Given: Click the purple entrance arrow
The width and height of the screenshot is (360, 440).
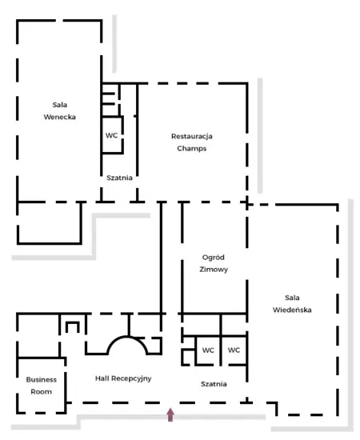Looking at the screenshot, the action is (x=170, y=414).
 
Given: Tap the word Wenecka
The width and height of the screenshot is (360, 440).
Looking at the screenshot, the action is (x=59, y=117).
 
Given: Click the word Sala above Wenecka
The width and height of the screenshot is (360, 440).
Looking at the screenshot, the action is (x=60, y=105).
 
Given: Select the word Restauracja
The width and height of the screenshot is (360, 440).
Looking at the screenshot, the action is (x=192, y=136).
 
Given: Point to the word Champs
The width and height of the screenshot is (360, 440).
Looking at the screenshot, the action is (x=192, y=149).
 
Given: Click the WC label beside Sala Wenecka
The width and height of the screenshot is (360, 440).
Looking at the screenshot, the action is (x=111, y=135).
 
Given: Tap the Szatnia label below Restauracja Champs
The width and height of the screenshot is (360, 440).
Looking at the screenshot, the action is (x=119, y=178).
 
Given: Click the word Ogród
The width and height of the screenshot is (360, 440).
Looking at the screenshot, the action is (x=214, y=257).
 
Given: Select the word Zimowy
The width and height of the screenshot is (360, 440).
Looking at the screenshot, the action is (x=214, y=270).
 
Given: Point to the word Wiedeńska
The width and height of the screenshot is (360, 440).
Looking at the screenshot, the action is (x=292, y=310).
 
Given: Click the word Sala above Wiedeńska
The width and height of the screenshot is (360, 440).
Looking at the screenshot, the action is (x=292, y=298).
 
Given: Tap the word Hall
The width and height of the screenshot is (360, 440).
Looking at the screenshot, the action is (x=102, y=378).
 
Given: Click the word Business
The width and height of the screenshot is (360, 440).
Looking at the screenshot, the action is (x=42, y=380).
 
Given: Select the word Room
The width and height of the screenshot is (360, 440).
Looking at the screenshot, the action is (x=42, y=392).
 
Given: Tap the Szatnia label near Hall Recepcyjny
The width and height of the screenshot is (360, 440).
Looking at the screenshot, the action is (x=214, y=384).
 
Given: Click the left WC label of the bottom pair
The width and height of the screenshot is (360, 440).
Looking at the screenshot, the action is (x=208, y=350).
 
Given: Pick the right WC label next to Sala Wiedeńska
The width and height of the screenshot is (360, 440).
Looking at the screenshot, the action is (x=234, y=350).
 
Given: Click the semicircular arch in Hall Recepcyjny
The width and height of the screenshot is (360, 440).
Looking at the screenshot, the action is (x=127, y=338).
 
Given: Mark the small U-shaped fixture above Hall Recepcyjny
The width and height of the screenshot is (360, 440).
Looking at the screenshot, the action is (x=72, y=323).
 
